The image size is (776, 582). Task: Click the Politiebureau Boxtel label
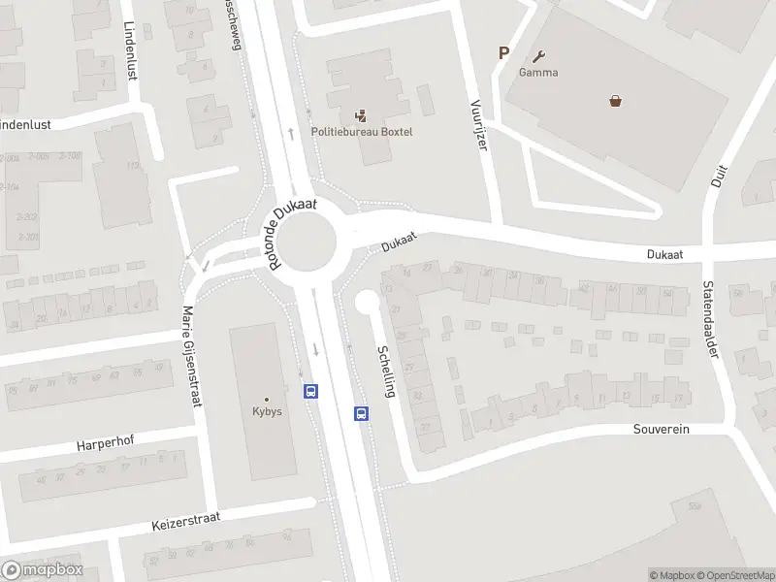[x=361, y=132]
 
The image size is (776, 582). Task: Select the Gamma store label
[x=537, y=73]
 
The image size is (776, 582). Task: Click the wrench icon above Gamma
[x=538, y=56]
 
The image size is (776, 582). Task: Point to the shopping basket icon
[x=615, y=99]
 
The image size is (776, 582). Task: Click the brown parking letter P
[x=503, y=53]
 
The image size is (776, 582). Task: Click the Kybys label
[x=267, y=411]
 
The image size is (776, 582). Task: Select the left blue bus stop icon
[x=311, y=391]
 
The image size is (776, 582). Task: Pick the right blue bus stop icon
[x=361, y=413]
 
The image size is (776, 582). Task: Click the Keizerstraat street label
[x=186, y=521]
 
